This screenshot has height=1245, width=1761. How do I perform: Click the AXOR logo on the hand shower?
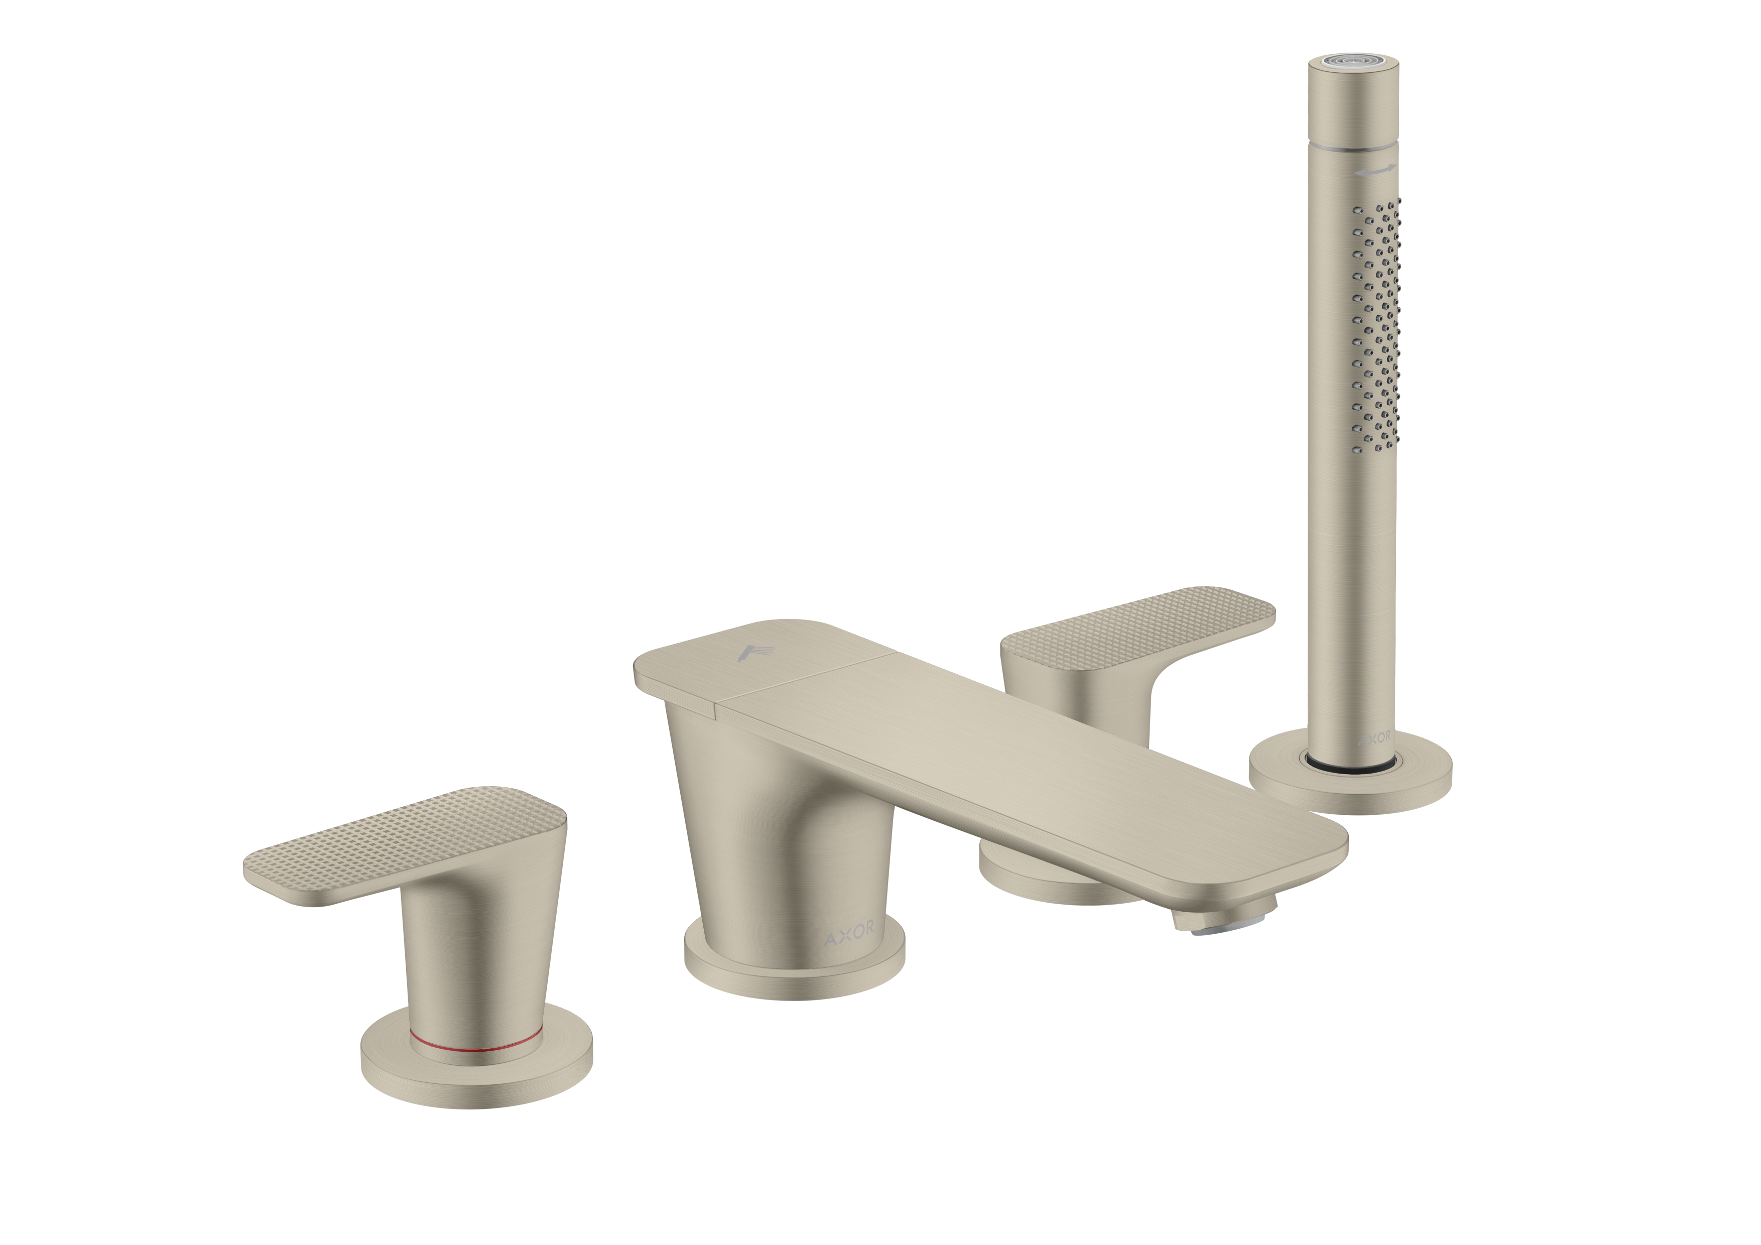1373,737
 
